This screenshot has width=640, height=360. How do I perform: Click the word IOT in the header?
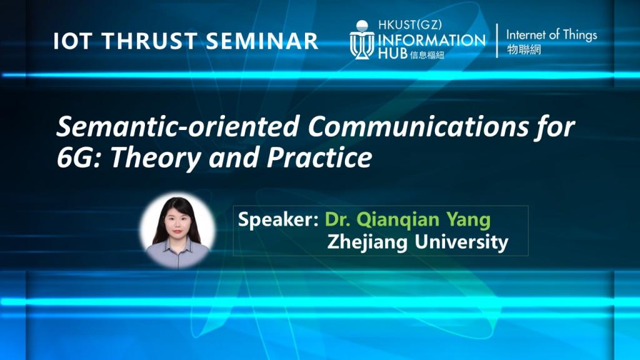coord(69,41)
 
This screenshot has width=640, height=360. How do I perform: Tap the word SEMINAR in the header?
coord(262,41)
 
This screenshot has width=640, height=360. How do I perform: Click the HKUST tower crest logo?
coord(362,40)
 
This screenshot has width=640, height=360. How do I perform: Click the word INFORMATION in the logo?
coord(431,39)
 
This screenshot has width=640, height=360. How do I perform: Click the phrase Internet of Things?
coord(551,35)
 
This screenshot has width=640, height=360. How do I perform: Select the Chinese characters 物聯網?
coord(524,50)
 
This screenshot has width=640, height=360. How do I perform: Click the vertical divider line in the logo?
coord(497,41)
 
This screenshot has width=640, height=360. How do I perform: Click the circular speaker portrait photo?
coord(177,230)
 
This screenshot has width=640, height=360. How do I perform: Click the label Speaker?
coord(279,221)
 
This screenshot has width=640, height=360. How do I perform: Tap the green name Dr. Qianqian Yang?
coord(407,221)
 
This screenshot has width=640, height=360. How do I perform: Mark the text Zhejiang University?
coord(417,242)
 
